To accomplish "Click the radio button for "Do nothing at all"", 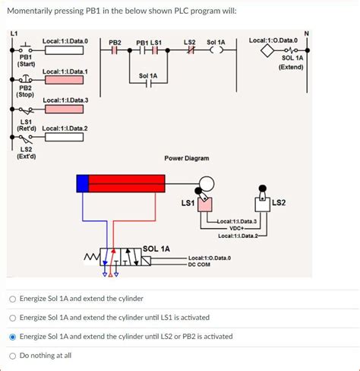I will coord(12,355).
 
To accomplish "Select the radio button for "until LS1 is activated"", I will coord(12,317).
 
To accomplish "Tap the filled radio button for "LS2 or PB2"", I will coord(12,336).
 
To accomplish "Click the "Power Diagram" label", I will coord(187,158).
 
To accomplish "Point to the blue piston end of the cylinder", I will coord(82,182).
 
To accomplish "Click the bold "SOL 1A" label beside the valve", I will coord(157,249).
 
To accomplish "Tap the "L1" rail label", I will coord(13,33).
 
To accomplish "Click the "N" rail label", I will coord(306,33).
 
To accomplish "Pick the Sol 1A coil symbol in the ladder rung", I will coord(216,51).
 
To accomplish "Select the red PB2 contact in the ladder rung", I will coord(115,51).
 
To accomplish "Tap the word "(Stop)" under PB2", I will coord(25,95).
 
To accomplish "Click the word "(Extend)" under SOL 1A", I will coord(291,67).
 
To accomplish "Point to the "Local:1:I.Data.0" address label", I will coord(65,40).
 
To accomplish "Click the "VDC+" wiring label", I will coord(237,228).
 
